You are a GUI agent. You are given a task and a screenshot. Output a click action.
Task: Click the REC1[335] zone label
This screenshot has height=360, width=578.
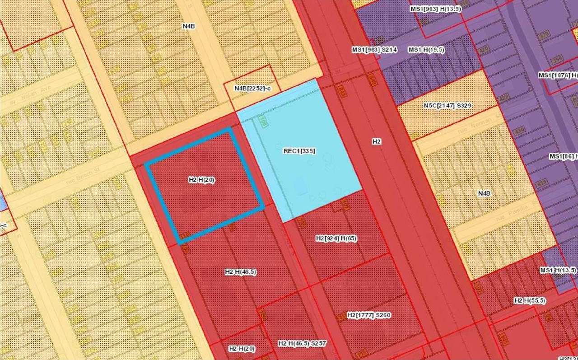pos(297,151)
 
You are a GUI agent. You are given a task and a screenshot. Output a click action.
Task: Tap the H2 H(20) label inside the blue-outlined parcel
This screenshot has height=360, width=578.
pos(201,180)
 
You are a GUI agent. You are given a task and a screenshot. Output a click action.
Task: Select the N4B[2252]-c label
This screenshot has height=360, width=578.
pos(252,88)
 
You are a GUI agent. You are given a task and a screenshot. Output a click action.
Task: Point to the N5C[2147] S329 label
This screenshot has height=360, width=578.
pos(447,105)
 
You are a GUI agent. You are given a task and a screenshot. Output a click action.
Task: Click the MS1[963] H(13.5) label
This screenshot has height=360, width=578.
pos(436,9)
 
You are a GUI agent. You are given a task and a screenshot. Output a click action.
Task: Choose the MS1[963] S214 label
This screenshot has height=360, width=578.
pos(374,50)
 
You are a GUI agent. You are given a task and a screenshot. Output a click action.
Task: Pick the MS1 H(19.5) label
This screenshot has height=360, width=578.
pos(426,50)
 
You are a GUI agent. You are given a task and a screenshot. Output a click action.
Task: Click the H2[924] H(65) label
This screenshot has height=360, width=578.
pos(336,238)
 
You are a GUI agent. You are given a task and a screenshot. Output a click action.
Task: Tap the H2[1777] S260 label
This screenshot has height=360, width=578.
pos(368,315)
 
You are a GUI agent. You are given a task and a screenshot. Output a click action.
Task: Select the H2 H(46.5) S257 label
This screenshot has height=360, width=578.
pos(302,343)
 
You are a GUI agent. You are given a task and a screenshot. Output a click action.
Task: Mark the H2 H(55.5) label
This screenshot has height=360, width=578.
pos(530,300)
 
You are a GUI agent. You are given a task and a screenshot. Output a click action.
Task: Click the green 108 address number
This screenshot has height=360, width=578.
pos(264,121)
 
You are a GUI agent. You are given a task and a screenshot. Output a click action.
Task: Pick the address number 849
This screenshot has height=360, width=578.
pos(373,81)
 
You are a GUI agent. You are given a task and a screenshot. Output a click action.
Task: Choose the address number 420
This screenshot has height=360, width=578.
pos(484,49)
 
